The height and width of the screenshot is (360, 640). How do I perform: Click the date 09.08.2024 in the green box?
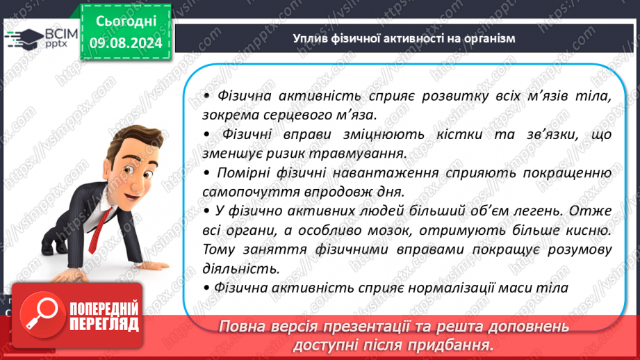coord(126,43)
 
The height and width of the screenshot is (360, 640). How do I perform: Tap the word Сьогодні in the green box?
coord(126,22)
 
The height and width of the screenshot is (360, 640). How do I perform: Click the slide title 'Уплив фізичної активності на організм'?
coord(404,38)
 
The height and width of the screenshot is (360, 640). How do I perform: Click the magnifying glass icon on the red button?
coord(42,314)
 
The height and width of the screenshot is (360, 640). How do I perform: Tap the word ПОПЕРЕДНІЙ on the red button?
coord(104,308)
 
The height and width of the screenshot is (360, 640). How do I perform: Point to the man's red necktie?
coord(99,231)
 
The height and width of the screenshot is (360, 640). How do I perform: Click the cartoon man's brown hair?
coord(133,141)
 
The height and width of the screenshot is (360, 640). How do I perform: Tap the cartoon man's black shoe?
coord(50,246)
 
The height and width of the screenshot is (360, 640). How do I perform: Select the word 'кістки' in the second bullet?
coord(459,134)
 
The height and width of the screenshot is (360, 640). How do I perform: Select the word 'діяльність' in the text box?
coord(241,269)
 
